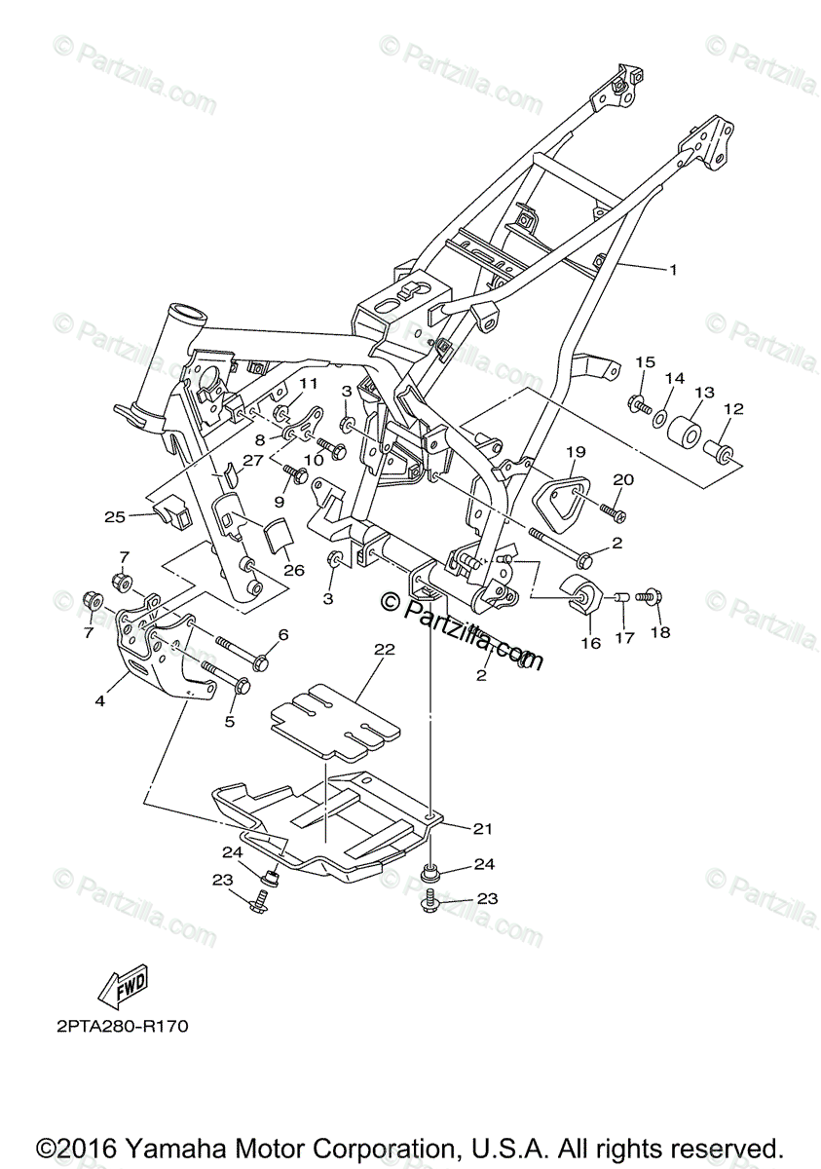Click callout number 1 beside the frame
click(x=671, y=269)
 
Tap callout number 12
click(x=733, y=409)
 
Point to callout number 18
click(x=661, y=633)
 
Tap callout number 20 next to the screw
click(x=622, y=479)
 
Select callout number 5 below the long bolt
click(x=230, y=722)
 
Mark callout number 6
click(x=283, y=634)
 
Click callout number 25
click(x=115, y=516)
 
